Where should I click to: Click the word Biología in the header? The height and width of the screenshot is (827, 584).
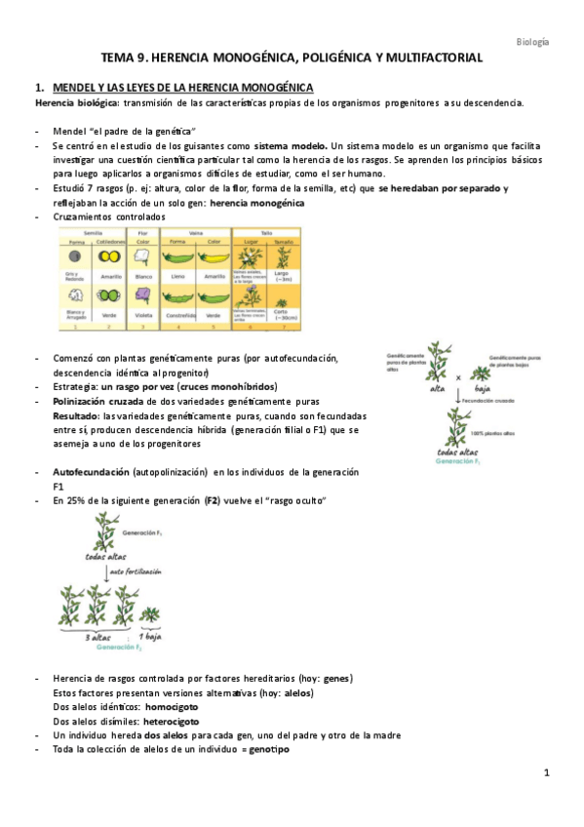point(531,42)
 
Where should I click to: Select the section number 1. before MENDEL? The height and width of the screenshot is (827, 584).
point(39,88)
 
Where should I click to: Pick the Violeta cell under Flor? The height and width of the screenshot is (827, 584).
point(141,315)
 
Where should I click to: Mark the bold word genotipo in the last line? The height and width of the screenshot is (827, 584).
point(269,749)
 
